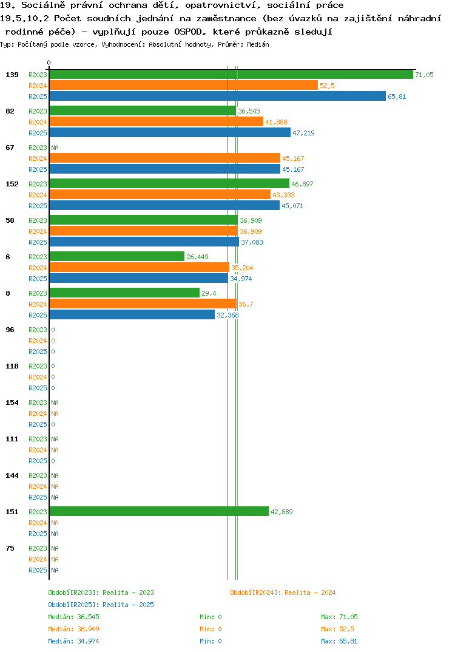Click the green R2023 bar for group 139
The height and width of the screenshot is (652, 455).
click(x=232, y=75)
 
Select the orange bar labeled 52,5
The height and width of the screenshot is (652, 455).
click(x=184, y=85)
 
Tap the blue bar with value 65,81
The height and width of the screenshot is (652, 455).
click(x=218, y=96)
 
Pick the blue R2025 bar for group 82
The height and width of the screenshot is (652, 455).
click(x=170, y=132)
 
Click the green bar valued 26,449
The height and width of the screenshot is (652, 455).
click(x=117, y=257)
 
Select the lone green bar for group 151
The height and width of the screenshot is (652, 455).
click(x=159, y=511)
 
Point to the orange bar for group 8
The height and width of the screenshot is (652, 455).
click(x=143, y=304)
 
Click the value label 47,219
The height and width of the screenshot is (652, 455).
click(x=303, y=133)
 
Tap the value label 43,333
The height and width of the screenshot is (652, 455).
click(x=283, y=195)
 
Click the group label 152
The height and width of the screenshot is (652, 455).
click(x=12, y=184)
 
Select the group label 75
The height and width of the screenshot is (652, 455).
click(x=10, y=548)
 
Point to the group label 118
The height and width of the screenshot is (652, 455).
click(x=12, y=366)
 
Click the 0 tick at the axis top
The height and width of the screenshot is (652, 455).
click(x=49, y=63)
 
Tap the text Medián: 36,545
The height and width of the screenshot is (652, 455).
click(x=73, y=617)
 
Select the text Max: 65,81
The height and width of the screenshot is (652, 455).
click(x=339, y=641)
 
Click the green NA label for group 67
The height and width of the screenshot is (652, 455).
click(x=55, y=148)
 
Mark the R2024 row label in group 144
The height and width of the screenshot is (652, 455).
click(x=38, y=486)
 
